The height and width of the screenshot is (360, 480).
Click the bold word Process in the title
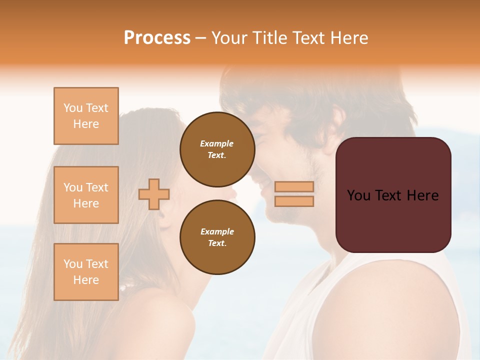(x=157, y=38)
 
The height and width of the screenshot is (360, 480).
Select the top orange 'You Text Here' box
(x=86, y=116)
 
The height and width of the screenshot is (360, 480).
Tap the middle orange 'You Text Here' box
(x=86, y=195)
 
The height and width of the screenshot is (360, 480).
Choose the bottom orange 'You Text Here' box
(x=86, y=272)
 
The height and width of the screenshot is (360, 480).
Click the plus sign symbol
(x=154, y=194)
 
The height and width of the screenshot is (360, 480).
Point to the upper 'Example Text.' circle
(x=217, y=149)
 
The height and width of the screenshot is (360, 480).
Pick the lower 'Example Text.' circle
(x=217, y=237)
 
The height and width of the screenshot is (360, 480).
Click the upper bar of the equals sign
(x=294, y=186)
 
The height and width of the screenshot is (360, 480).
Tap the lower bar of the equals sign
(x=294, y=201)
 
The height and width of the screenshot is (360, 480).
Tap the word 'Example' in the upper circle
(x=217, y=144)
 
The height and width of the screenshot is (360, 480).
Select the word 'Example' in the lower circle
(x=217, y=232)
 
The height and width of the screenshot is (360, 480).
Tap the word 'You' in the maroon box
(x=358, y=195)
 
